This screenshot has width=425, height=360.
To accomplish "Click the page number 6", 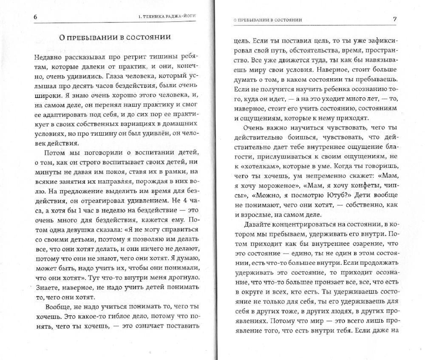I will pos(36,17).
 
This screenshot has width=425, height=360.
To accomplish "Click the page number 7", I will pos(394,19).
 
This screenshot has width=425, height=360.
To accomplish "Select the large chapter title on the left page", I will pos(115,37).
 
